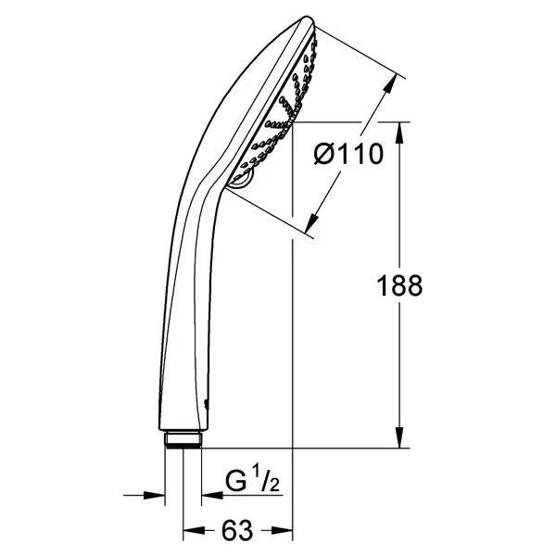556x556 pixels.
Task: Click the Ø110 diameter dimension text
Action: click(348, 155)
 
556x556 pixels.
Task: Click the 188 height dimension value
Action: click(399, 285)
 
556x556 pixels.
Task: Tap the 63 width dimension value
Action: click(237, 530)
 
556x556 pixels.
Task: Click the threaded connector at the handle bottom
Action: click(183, 439)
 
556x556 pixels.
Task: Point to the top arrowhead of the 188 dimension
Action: click(399, 133)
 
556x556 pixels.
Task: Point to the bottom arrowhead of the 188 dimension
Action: click(399, 437)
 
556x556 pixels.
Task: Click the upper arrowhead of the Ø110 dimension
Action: click(390, 84)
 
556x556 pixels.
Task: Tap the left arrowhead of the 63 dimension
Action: click(194, 531)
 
